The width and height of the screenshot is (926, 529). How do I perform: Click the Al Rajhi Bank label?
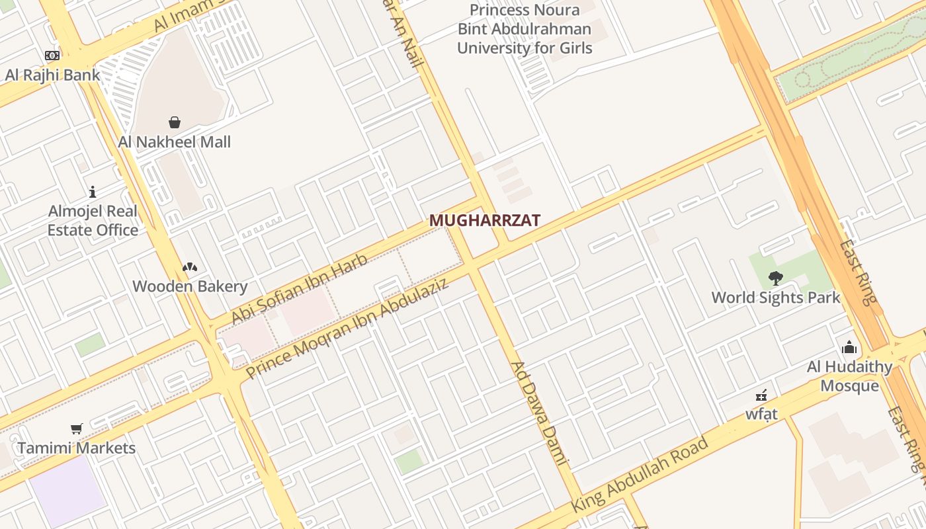click(x=53, y=75)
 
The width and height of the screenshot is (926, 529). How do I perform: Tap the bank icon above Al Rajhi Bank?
click(x=52, y=56)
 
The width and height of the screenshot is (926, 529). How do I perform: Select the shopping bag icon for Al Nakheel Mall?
click(x=175, y=122)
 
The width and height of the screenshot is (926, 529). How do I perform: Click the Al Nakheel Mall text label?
click(x=175, y=142)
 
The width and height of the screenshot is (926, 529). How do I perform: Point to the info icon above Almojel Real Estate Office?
click(x=93, y=192)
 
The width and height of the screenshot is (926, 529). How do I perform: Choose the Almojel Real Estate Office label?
click(x=93, y=221)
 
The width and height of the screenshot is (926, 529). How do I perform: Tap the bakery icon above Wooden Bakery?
click(x=190, y=267)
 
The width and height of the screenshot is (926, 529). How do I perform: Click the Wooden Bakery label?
click(x=190, y=286)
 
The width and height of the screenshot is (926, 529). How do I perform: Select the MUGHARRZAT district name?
click(x=485, y=221)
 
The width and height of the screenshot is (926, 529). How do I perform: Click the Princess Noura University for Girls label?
click(x=525, y=29)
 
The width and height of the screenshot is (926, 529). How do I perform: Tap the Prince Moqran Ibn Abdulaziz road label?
click(x=347, y=329)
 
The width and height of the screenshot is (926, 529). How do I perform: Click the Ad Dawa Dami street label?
click(x=540, y=413)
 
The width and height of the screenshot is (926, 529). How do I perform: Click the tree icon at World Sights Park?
click(x=776, y=278)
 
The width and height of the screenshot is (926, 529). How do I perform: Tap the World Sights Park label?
click(x=776, y=298)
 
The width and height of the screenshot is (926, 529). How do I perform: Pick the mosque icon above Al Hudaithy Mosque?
click(x=849, y=347)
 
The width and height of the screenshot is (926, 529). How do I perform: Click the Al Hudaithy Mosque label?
click(x=849, y=376)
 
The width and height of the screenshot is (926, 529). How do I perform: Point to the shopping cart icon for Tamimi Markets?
click(x=77, y=429)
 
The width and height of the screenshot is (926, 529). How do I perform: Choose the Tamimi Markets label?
click(x=77, y=448)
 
